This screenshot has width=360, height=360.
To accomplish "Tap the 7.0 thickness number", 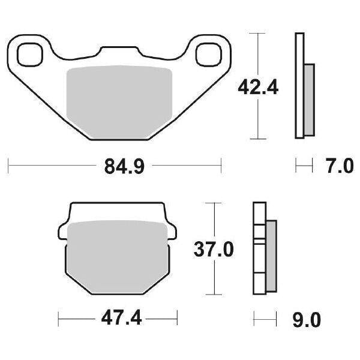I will click(340, 165).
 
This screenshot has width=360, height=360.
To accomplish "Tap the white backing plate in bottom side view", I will click(259, 249).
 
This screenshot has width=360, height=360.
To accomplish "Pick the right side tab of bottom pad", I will click(172, 230).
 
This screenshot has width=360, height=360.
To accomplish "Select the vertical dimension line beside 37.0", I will click(214, 276).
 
